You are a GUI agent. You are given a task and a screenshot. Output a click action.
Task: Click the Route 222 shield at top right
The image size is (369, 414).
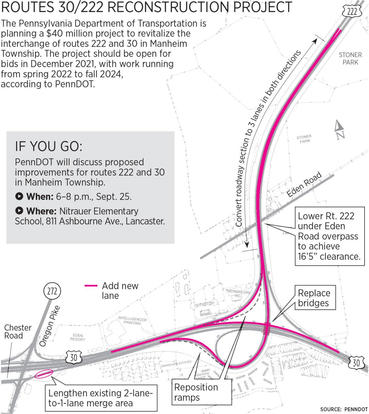352,12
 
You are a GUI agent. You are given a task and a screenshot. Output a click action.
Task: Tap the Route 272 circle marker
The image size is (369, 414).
52,291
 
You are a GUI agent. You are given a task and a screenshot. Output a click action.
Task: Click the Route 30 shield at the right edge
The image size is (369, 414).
356,363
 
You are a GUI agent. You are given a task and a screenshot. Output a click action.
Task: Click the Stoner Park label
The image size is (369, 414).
350,58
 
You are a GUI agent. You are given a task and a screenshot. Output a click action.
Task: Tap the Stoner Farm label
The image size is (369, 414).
304,139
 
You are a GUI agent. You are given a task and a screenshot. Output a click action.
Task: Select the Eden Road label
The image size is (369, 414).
304,185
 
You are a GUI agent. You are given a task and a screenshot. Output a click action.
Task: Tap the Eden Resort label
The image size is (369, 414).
77,337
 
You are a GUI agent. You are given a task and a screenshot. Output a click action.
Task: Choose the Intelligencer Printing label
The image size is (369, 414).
132,320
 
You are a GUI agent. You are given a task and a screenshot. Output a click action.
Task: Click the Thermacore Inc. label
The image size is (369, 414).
238,293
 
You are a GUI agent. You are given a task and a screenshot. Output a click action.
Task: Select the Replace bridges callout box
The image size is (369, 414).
314,298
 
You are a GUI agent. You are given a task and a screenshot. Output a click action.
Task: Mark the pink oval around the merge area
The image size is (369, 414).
44,373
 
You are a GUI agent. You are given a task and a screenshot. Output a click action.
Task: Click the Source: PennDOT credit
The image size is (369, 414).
344,409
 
